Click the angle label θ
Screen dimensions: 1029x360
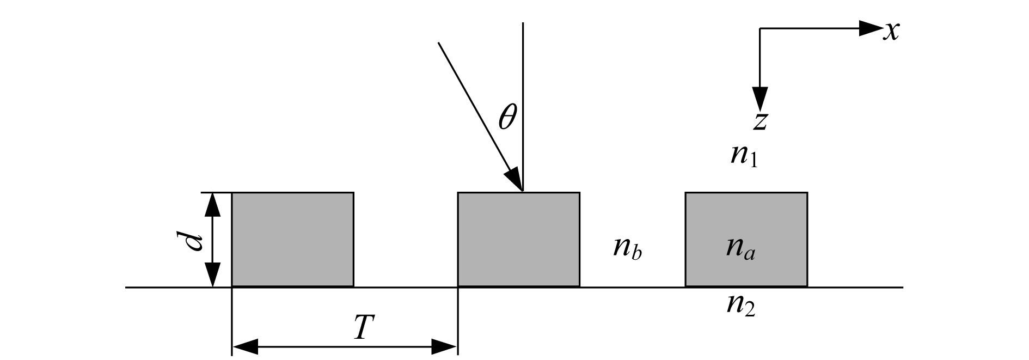pos(507,117)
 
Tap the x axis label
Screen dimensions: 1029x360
pos(891,31)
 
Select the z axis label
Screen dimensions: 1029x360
pos(761,121)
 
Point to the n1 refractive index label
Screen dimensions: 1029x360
pos(744,156)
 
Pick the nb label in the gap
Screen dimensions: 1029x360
pos(628,248)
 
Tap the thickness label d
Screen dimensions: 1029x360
pos(192,240)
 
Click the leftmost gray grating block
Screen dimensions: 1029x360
pos(293,240)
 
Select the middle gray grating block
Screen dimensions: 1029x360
pos(518,240)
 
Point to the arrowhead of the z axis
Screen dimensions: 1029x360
pos(760,99)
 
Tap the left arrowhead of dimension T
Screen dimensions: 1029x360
pos(245,346)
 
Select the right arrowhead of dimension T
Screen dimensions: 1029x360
pos(445,346)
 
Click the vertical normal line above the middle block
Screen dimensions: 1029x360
pos(523,107)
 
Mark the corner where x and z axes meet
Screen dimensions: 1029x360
pos(760,28)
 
